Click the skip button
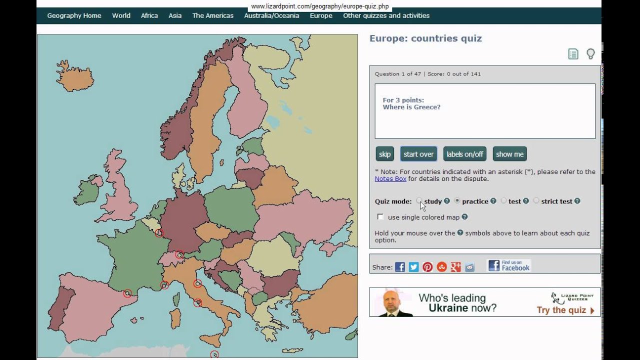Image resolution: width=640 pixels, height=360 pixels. click(x=384, y=154)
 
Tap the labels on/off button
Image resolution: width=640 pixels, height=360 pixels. click(x=464, y=154)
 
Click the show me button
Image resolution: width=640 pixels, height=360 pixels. click(x=509, y=154)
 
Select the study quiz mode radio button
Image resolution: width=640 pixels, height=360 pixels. click(x=419, y=201)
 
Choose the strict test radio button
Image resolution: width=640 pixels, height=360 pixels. click(x=536, y=201)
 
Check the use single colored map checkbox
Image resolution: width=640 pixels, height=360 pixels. click(x=381, y=217)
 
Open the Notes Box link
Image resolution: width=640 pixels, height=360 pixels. click(x=390, y=178)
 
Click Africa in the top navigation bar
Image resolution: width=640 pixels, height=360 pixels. click(x=149, y=15)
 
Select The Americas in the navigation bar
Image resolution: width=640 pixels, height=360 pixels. click(x=212, y=15)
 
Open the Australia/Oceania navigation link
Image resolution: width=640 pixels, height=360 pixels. click(x=271, y=15)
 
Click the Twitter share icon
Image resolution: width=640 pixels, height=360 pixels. click(x=413, y=267)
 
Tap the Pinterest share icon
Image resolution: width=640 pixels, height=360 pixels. click(x=427, y=267)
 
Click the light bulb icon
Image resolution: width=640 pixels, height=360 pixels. click(x=590, y=54)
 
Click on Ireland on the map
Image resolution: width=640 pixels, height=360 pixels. click(x=90, y=190)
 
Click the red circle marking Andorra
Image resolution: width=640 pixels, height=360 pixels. click(x=127, y=293)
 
